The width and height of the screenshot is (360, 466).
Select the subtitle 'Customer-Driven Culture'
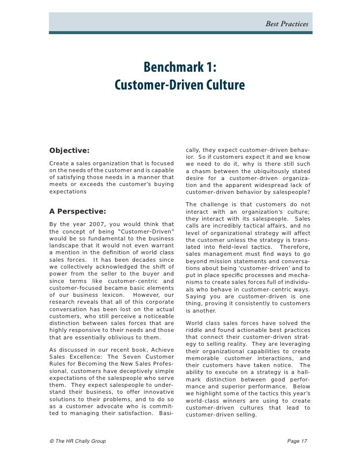pos(180,86)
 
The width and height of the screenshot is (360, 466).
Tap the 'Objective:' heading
pos(69,150)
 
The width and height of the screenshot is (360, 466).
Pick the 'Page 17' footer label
pos(297,440)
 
